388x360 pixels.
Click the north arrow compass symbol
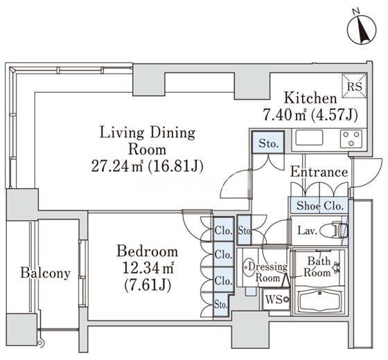(x=362, y=30)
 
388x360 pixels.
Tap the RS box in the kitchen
(x=354, y=86)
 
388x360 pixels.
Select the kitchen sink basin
(x=309, y=138)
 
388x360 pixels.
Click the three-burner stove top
(x=351, y=138)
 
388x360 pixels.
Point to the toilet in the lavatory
(x=335, y=231)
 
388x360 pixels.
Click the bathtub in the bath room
(x=320, y=301)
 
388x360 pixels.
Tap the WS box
(x=276, y=299)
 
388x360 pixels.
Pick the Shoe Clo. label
(x=320, y=206)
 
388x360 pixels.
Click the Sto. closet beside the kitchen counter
(x=268, y=143)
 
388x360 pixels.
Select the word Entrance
(x=319, y=172)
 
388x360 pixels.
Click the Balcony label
(x=45, y=273)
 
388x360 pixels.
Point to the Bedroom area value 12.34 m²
(x=148, y=269)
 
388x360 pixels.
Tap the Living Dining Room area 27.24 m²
(x=117, y=166)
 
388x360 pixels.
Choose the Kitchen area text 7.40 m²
(x=284, y=115)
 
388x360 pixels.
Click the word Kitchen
(x=310, y=98)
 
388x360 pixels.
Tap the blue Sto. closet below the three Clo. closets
(x=221, y=305)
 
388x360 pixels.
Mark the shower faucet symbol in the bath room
(x=336, y=267)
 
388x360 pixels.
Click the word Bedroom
(x=147, y=251)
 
